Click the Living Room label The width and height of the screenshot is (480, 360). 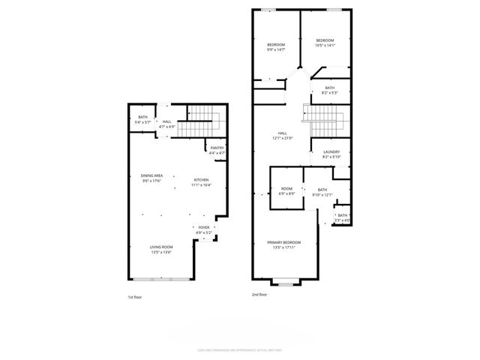pos(161,247)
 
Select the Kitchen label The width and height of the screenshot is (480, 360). pos(202,180)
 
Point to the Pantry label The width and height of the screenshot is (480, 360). pos(217,148)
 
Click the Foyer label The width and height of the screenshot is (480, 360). pos(204,227)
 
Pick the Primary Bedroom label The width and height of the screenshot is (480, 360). pos(284,242)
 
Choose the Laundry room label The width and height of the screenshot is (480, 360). pos(331,152)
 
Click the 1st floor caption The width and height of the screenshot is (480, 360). pos(134,297)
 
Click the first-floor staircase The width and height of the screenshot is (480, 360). pos(202,115)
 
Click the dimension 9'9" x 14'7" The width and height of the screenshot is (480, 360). pos(277,49)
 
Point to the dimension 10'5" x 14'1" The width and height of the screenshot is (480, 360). pos(324,45)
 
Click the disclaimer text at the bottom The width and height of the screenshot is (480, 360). pos(239,349)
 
